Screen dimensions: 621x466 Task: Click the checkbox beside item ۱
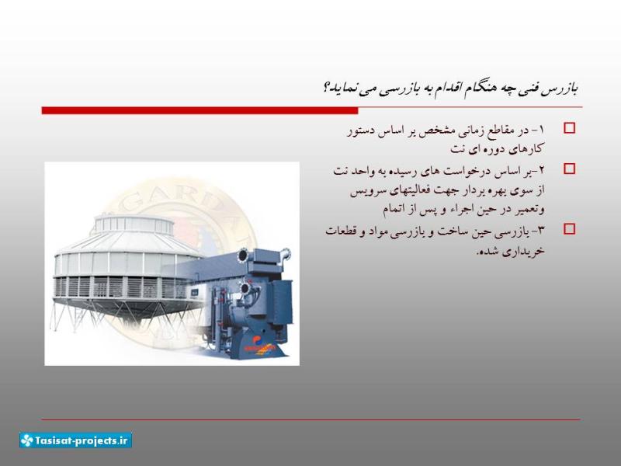[569, 128]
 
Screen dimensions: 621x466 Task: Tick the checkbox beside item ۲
[569, 169]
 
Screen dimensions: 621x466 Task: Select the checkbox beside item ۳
[569, 229]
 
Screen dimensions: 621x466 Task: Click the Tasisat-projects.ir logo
[75, 440]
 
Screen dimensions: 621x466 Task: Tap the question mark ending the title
[327, 87]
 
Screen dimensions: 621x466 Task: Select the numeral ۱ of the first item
[542, 130]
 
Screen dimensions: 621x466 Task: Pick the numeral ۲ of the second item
[541, 170]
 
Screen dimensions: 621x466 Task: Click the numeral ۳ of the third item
[541, 231]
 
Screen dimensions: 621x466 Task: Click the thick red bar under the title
[200, 110]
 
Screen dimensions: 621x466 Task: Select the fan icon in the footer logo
[27, 440]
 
